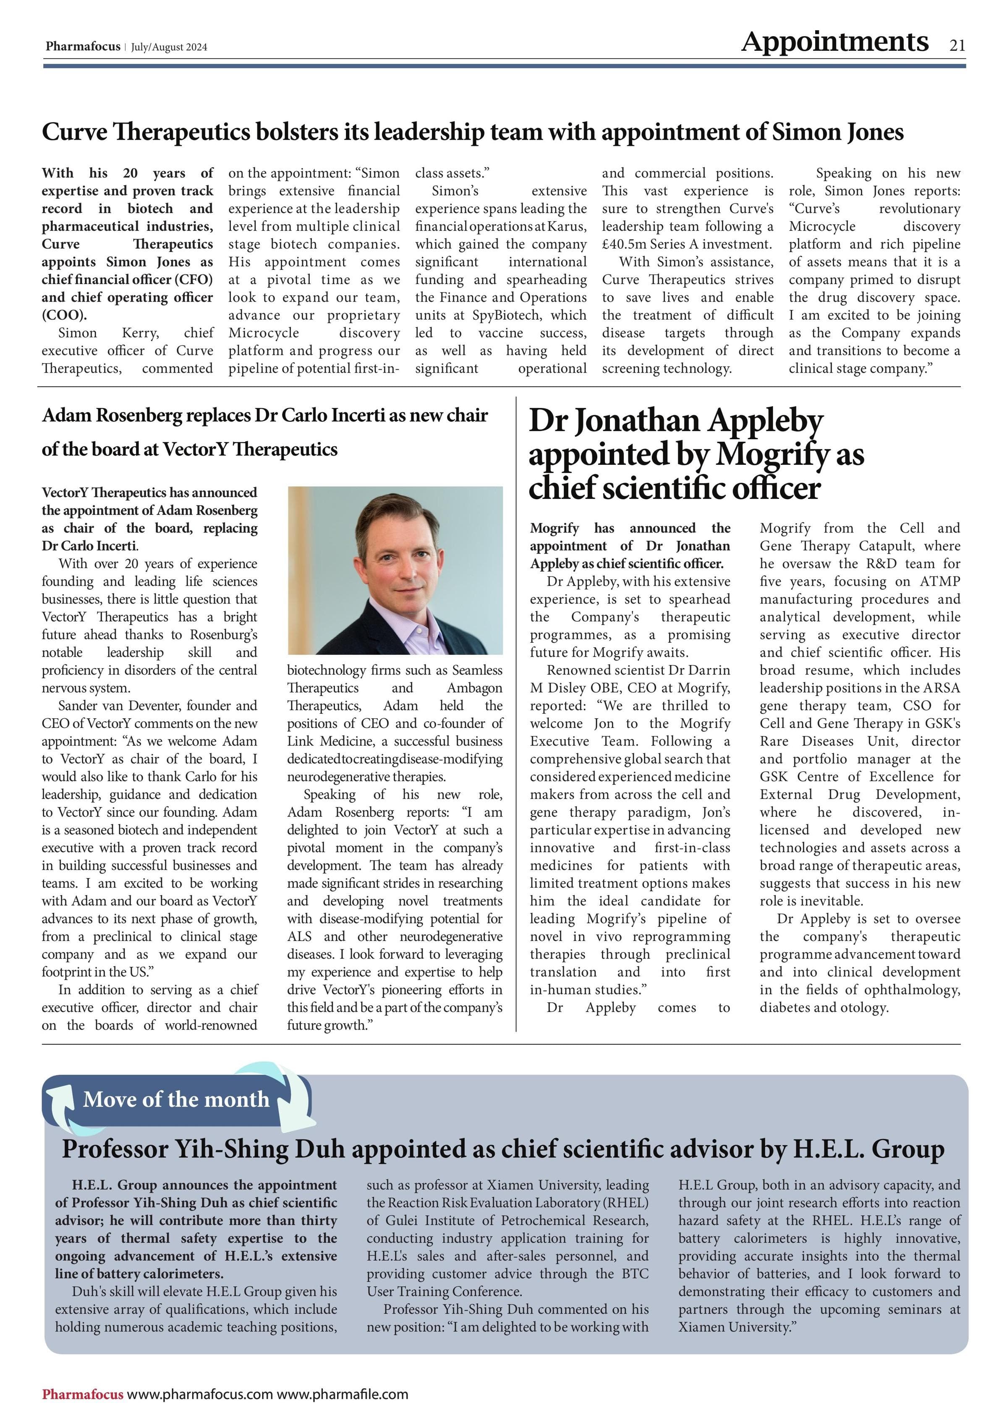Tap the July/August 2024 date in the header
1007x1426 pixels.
click(x=169, y=47)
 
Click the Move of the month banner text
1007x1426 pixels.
click(x=176, y=1099)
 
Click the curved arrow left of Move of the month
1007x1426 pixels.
click(x=61, y=1105)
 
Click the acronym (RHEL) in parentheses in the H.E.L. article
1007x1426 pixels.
click(x=625, y=1203)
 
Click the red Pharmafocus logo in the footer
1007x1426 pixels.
click(x=83, y=1394)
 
